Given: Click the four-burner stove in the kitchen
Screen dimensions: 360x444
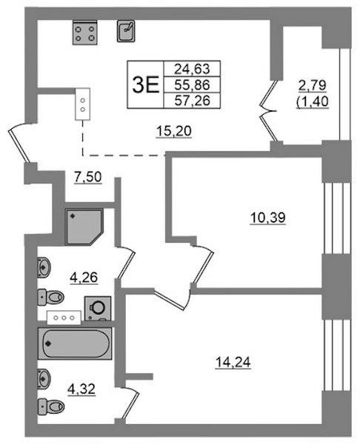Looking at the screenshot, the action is click(x=84, y=33).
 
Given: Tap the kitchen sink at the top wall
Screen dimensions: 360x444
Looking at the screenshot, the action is click(x=126, y=31).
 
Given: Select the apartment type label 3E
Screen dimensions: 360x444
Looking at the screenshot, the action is click(x=146, y=85).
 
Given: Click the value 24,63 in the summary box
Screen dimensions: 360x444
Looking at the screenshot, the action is click(x=192, y=69).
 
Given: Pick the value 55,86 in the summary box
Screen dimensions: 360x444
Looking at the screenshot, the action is click(x=192, y=84).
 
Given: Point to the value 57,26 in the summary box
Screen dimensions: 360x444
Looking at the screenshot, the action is click(x=192, y=100).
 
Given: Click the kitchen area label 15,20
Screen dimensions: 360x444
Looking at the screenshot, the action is click(x=174, y=131).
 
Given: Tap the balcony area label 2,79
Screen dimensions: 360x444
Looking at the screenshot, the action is click(x=313, y=85).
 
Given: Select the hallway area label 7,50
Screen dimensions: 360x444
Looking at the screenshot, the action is click(x=88, y=178).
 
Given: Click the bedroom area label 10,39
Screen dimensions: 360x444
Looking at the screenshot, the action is click(x=267, y=218).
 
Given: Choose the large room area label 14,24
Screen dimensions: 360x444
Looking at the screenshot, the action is click(x=233, y=362).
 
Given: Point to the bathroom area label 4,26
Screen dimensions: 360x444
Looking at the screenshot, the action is click(x=84, y=277).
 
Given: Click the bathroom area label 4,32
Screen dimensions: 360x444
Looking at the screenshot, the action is click(x=81, y=389).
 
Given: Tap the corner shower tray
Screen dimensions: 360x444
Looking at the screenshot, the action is click(x=84, y=227).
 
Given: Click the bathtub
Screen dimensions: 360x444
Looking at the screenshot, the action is click(x=75, y=343).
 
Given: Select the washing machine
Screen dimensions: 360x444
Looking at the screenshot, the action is click(x=98, y=308).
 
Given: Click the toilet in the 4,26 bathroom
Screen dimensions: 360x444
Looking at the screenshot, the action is click(x=50, y=297).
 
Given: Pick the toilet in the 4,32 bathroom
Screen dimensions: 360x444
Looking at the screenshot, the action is click(x=50, y=406).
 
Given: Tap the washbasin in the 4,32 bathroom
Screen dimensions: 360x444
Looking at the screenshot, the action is click(x=44, y=379).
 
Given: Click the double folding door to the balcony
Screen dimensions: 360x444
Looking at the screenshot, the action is click(x=268, y=111).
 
